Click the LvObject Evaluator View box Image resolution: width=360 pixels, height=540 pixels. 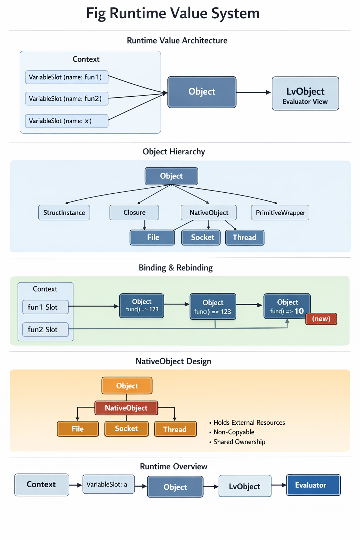coord(305,94)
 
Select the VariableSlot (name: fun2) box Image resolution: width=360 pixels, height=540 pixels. coord(66,99)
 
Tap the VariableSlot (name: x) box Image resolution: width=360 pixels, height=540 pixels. coord(66,121)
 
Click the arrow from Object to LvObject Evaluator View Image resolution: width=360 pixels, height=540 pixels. coord(253,92)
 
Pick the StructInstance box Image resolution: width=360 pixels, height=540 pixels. coord(64,213)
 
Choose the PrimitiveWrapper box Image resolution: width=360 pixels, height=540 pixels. coord(280,213)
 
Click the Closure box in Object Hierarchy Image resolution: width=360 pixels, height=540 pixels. coord(134,213)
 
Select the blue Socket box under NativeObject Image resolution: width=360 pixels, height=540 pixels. coord(201,237)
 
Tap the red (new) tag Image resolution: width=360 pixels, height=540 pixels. coord(321,319)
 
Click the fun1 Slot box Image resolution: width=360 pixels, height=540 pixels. coord(45,307)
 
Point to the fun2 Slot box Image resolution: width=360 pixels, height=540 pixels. coord(45,330)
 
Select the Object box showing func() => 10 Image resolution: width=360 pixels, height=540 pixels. coord(287,306)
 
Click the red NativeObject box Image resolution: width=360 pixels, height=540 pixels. coord(126,408)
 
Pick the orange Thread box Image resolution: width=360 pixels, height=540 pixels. coord(175,429)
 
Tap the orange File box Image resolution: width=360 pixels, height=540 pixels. coord(78,429)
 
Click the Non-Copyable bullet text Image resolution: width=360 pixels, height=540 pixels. coord(234,432)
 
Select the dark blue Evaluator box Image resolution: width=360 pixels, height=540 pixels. coord(313,485)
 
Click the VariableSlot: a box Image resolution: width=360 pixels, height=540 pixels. coord(108,484)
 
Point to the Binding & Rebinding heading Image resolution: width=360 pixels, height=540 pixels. coord(175,268)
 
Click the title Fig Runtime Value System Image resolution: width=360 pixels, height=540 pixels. coord(173,13)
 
